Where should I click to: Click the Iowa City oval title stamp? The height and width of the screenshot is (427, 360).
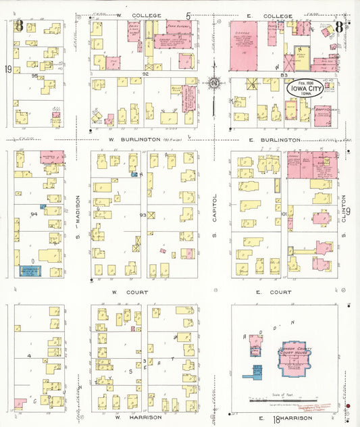pyautogui.click(x=302, y=90)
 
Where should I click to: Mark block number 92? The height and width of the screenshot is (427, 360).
pyautogui.click(x=145, y=73)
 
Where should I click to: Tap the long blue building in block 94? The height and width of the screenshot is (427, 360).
pyautogui.click(x=30, y=271)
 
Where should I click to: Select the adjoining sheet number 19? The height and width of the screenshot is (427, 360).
pyautogui.click(x=8, y=69)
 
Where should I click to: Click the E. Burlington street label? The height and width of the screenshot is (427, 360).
pyautogui.click(x=274, y=139)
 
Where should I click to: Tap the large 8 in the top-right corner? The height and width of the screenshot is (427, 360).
pyautogui.click(x=338, y=28)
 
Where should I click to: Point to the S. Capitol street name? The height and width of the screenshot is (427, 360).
pyautogui.click(x=215, y=216)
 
